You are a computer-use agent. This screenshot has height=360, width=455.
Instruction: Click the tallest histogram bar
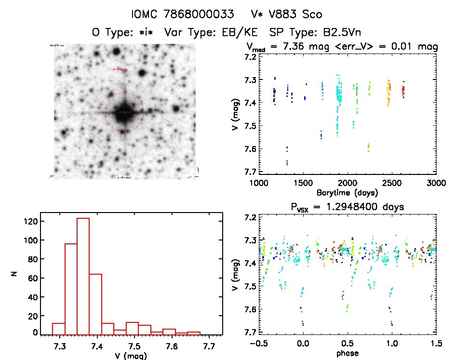83,276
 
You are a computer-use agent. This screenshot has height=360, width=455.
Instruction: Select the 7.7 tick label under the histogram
208,345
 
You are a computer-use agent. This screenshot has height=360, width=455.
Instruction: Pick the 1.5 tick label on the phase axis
436,345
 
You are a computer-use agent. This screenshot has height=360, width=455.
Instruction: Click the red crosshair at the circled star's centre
124,112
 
